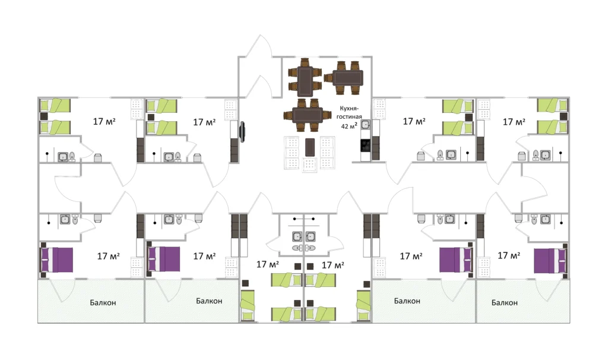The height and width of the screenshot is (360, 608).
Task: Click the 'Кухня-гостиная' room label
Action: (349, 112)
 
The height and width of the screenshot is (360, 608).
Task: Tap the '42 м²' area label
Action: (349, 126)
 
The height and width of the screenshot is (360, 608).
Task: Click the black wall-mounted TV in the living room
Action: (243, 132)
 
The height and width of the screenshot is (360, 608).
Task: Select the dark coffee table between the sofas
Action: (309, 147)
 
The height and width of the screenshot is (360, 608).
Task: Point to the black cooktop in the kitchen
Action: (365, 146)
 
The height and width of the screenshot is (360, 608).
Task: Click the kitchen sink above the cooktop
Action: (365, 125)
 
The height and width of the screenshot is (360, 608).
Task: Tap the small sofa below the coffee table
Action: (309, 165)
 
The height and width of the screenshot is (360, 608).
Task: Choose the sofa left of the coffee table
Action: (292, 153)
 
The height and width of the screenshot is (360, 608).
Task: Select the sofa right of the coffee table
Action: (327, 153)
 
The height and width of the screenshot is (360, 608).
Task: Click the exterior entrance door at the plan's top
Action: (260, 46)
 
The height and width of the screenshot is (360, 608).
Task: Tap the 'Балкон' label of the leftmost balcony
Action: (103, 302)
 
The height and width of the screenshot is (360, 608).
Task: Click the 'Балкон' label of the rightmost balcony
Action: (505, 302)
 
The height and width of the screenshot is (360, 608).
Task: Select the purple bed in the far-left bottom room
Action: (56, 260)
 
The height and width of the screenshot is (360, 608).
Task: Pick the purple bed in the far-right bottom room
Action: (550, 260)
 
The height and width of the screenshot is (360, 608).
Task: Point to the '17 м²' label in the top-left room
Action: (104, 121)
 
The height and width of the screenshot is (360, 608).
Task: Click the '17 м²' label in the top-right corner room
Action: (514, 122)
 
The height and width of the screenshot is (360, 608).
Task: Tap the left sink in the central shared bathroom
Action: (297, 236)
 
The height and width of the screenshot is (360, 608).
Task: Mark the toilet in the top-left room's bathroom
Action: (72, 157)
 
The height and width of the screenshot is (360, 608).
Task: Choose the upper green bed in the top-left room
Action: (55, 105)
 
